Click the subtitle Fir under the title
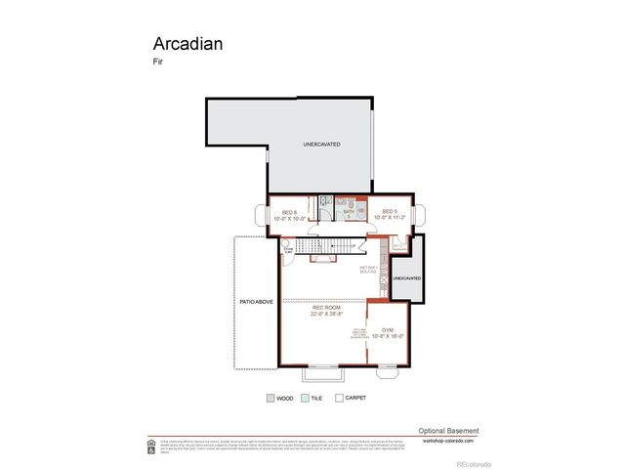(x=156, y=64)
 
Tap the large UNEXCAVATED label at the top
(x=321, y=144)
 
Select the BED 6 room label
(x=289, y=212)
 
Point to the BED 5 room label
(x=388, y=212)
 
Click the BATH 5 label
(x=349, y=212)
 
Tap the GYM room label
(x=388, y=331)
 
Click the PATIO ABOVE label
(x=255, y=302)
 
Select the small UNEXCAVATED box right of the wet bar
(x=406, y=278)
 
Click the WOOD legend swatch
(x=271, y=398)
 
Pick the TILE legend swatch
(x=305, y=398)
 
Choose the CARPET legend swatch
(x=339, y=398)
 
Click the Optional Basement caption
(x=448, y=430)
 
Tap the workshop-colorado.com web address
(x=449, y=440)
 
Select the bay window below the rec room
(x=321, y=371)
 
